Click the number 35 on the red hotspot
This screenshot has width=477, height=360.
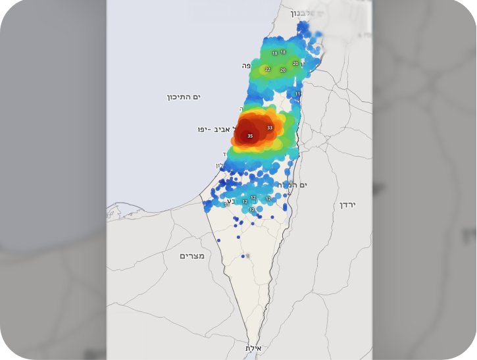[x=250, y=136]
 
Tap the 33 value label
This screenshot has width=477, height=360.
[x=270, y=128]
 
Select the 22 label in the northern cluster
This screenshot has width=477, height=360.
[x=268, y=69]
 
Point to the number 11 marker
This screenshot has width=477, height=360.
[x=297, y=94]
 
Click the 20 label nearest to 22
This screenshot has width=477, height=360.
[x=283, y=70]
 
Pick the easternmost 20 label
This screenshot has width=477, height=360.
[x=295, y=64]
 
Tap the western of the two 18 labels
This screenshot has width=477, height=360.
[x=274, y=53]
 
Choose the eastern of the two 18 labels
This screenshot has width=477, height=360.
[x=283, y=51]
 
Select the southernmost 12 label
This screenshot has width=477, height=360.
[x=251, y=210]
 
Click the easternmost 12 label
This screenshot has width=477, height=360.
[x=268, y=199]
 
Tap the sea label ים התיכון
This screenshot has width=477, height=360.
[x=184, y=97]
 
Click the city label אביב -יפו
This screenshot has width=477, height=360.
[x=213, y=129]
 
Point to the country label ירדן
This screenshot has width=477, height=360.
[x=347, y=205]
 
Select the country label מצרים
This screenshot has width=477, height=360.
[x=192, y=255]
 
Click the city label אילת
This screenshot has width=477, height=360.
[x=254, y=347]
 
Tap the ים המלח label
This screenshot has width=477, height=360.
[x=294, y=185]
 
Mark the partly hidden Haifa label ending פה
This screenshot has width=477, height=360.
[x=247, y=66]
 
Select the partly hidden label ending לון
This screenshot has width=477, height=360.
[x=220, y=165]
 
